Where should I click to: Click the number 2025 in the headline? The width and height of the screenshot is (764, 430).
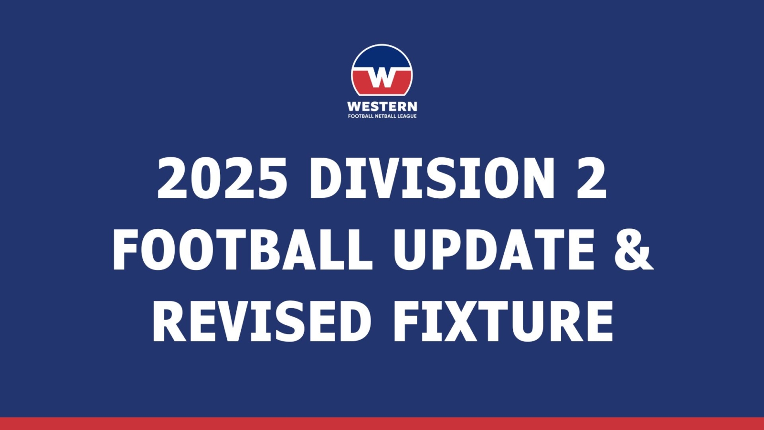[x=223, y=178]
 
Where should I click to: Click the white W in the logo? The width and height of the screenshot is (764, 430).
[x=382, y=78]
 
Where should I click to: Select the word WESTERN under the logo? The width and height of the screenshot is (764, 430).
[x=382, y=107]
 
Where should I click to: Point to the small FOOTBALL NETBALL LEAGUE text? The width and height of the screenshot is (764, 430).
[x=382, y=117]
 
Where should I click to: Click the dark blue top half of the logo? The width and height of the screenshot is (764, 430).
[x=382, y=57]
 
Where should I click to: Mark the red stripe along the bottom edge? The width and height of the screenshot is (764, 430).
[x=382, y=423]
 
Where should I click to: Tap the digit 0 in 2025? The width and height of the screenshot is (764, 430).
[x=205, y=178]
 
